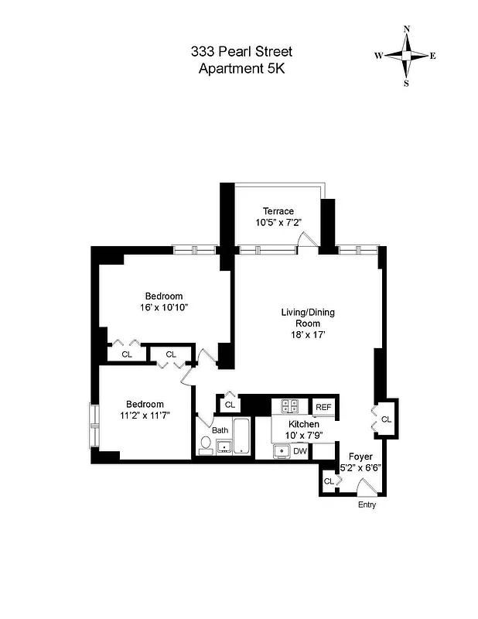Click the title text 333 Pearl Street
point(241,52)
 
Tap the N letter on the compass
point(406,29)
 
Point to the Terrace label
point(278,211)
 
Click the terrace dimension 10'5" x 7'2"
point(278,222)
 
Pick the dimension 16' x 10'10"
point(164,307)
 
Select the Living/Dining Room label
point(307,318)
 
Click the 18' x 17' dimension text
point(307,336)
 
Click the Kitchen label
point(304,425)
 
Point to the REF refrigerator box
point(323,407)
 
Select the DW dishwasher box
point(300,450)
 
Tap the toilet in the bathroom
point(206,444)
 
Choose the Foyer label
point(360,457)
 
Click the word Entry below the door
point(366,505)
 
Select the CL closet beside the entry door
point(329,481)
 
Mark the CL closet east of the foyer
point(386,419)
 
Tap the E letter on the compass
point(432,56)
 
